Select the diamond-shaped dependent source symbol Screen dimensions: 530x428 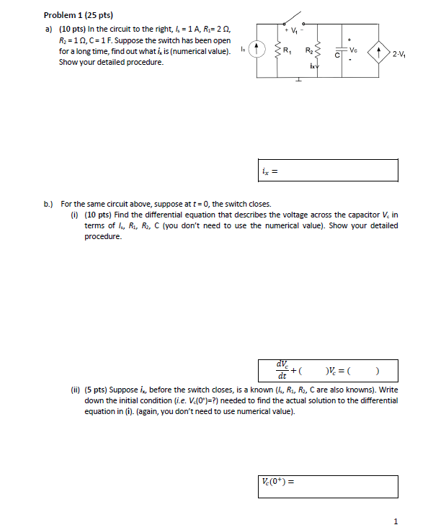click(380, 53)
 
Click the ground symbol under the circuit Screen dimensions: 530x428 click(297, 80)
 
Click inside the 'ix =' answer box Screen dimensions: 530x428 click(329, 171)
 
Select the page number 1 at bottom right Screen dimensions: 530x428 click(396, 521)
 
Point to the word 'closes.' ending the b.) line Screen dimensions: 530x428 click(257, 205)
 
